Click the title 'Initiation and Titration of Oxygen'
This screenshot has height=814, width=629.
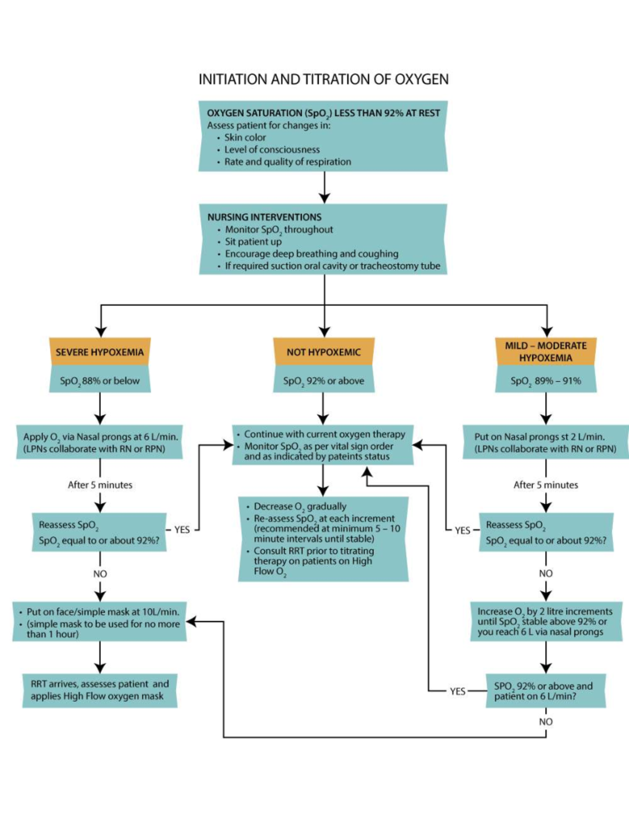[323, 79]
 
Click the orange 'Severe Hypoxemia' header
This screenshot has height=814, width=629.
[100, 352]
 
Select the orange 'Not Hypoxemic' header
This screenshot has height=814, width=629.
[323, 352]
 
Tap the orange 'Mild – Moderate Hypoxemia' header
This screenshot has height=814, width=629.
[546, 352]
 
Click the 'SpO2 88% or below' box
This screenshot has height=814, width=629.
[100, 381]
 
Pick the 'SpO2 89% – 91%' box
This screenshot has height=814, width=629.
[546, 381]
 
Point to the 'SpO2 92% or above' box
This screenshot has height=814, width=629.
[323, 381]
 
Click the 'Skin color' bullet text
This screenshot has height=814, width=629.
[245, 137]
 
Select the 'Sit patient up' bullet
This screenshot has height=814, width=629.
[253, 242]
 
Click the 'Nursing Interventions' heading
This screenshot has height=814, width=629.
[264, 217]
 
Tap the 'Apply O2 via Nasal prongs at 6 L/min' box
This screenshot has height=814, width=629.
[100, 442]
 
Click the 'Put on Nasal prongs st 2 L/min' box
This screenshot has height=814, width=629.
[545, 442]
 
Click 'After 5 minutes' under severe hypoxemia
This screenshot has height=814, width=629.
[100, 485]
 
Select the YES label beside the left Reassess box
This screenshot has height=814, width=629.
[182, 530]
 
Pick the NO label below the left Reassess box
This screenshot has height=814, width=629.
[100, 574]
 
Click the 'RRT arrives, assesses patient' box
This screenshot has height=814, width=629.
[100, 690]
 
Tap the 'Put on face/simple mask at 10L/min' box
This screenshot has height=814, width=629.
[100, 623]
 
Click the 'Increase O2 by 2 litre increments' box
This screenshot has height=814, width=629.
[545, 622]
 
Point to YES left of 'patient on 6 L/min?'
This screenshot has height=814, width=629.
[458, 691]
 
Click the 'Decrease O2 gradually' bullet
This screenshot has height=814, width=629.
[300, 506]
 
